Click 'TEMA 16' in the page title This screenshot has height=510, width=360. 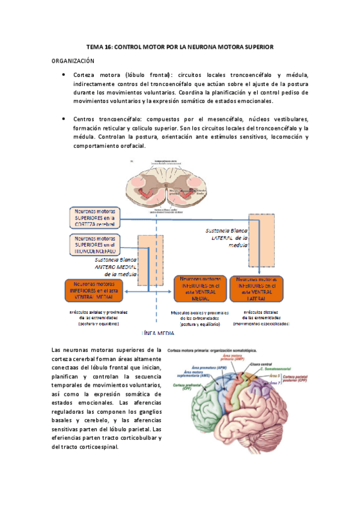(99, 46)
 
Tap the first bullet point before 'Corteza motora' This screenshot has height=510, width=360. (64, 74)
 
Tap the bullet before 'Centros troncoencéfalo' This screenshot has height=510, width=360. (64, 118)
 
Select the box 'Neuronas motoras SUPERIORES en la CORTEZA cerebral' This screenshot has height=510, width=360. (94, 218)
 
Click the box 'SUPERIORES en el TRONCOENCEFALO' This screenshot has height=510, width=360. (93, 244)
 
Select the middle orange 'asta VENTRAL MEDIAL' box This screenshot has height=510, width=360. (198, 289)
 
